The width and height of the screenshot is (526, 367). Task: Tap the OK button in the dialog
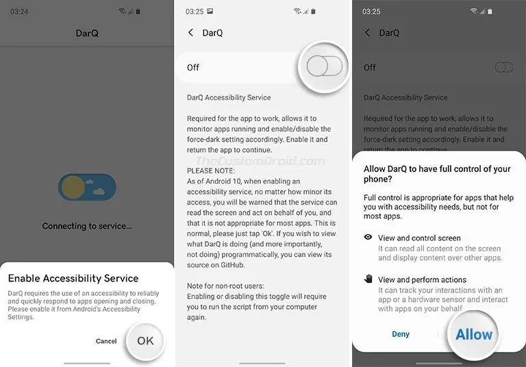click(145, 340)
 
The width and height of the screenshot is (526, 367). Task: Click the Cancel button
click(106, 341)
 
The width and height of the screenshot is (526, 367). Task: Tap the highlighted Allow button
click(474, 334)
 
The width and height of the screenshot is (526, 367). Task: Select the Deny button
click(401, 334)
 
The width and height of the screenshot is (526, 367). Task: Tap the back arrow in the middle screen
click(191, 33)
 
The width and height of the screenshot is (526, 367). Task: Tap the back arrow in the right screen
click(368, 33)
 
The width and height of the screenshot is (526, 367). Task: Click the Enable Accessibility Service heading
click(73, 279)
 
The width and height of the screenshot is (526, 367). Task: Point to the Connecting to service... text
click(87, 226)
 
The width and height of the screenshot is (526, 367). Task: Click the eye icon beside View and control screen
click(368, 238)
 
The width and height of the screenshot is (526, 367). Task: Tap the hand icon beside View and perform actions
click(368, 279)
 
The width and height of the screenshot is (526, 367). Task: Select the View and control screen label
click(419, 238)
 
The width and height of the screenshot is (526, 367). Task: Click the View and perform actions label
click(422, 279)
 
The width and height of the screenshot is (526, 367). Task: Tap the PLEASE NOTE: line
click(211, 171)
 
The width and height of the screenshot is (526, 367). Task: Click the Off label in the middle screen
click(193, 67)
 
